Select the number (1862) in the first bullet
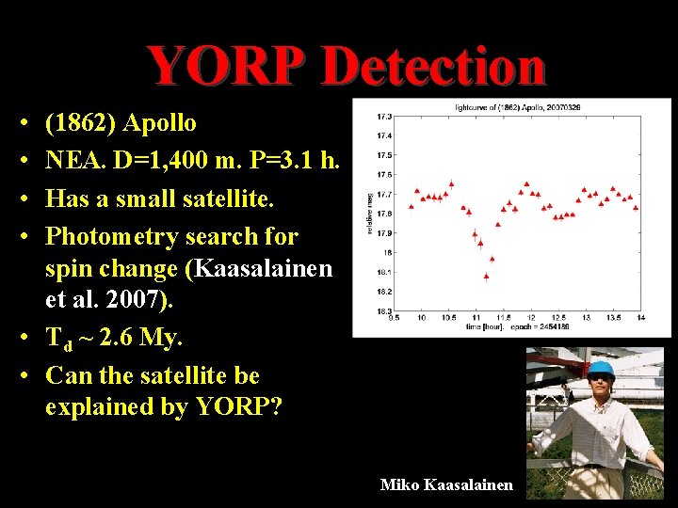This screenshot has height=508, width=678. (82, 123)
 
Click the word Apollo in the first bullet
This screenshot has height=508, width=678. (160, 123)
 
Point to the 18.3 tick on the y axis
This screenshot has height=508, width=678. (384, 310)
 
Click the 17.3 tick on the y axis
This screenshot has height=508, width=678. (384, 117)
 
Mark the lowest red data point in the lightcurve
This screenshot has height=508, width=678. (486, 276)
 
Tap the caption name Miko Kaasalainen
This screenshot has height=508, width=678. (446, 484)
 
